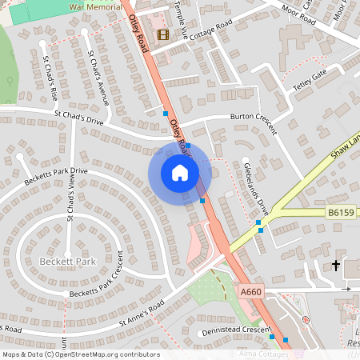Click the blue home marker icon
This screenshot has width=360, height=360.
pos(180,172)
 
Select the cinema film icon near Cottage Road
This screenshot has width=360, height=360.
pos(163,34)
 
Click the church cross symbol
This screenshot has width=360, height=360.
pos(336,265)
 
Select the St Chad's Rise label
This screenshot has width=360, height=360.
pos(51,80)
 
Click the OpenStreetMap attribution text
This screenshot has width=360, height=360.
pos(80,354)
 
